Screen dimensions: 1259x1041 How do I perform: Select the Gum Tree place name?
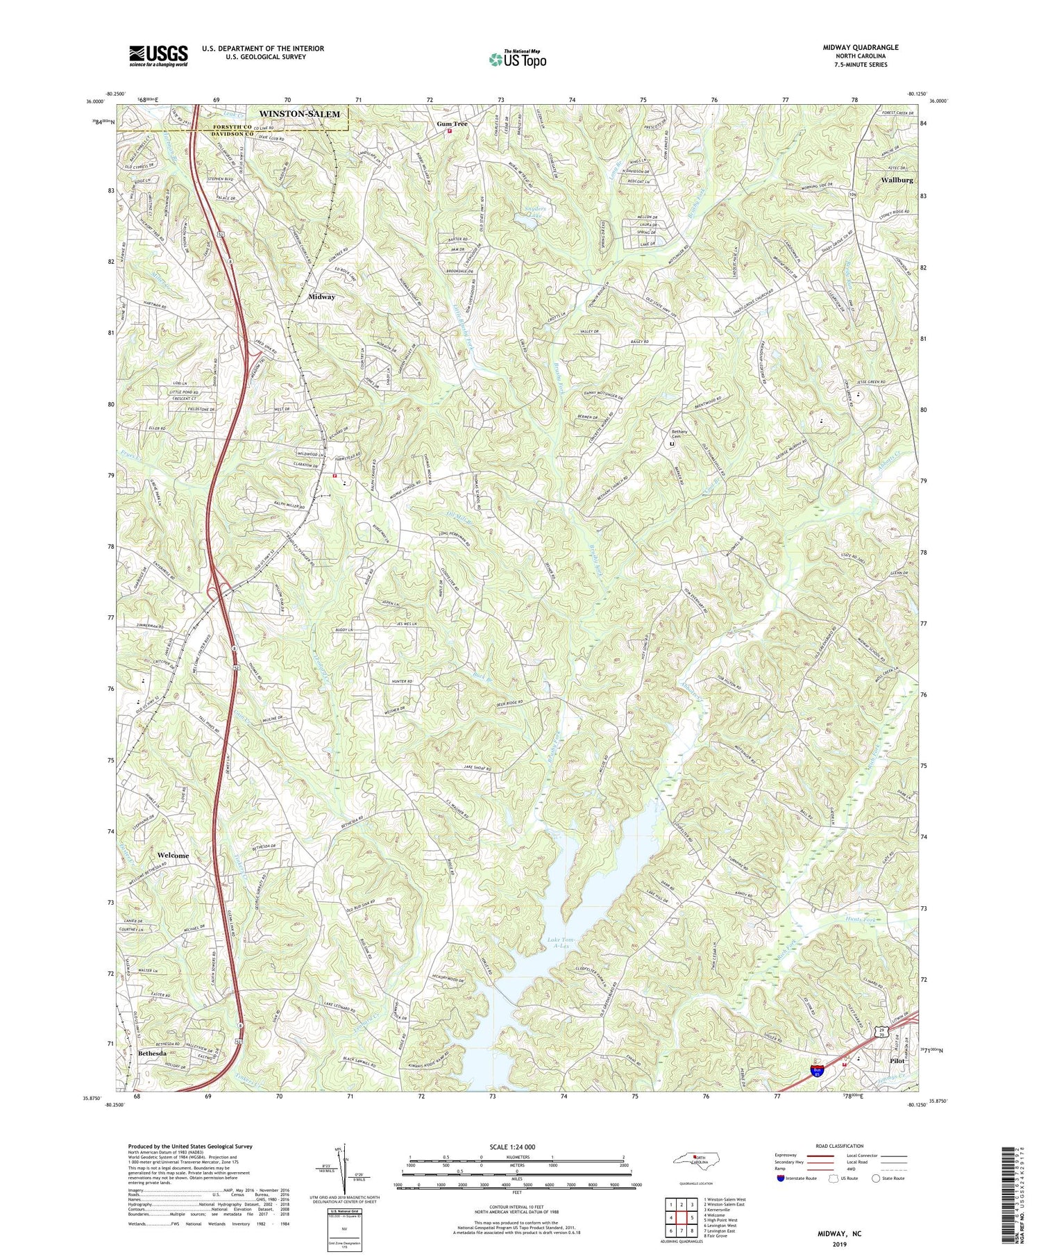[x=452, y=124]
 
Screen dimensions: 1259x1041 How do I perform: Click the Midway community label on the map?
[x=321, y=297]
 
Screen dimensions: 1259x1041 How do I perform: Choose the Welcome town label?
[x=173, y=855]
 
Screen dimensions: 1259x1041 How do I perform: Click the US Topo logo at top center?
[x=517, y=59]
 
